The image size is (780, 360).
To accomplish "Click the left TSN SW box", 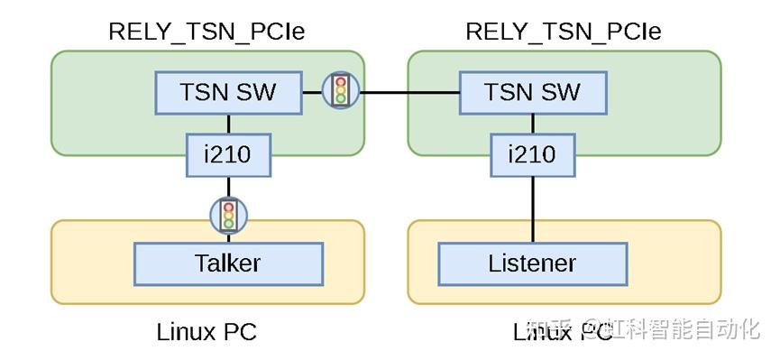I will pyautogui.click(x=227, y=92).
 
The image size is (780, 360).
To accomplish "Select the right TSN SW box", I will pyautogui.click(x=532, y=92).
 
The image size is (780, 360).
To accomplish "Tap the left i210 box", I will pyautogui.click(x=228, y=155).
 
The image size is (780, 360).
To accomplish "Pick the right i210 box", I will pyautogui.click(x=532, y=155).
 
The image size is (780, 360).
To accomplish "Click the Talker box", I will pyautogui.click(x=227, y=263).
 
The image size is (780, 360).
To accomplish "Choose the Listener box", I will pyautogui.click(x=532, y=263).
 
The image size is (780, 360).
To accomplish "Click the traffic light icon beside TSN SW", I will pyautogui.click(x=341, y=91).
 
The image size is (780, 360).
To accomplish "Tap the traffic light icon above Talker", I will pyautogui.click(x=228, y=214).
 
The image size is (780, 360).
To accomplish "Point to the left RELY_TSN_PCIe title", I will pyautogui.click(x=206, y=32).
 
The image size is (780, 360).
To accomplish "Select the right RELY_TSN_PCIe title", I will pyautogui.click(x=563, y=32).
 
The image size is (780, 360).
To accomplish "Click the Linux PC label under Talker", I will pyautogui.click(x=206, y=332).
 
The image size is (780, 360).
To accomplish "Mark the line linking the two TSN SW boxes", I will pyautogui.click(x=409, y=92).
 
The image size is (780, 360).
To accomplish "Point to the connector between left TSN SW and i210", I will pyautogui.click(x=228, y=124).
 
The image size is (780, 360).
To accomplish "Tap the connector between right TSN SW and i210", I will pyautogui.click(x=532, y=124).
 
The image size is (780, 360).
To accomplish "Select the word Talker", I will pyautogui.click(x=227, y=263).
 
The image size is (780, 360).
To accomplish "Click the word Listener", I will pyautogui.click(x=532, y=263).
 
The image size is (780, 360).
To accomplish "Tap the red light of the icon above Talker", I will pyautogui.click(x=228, y=206).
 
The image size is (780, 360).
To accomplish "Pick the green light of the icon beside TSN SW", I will pyautogui.click(x=341, y=99).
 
